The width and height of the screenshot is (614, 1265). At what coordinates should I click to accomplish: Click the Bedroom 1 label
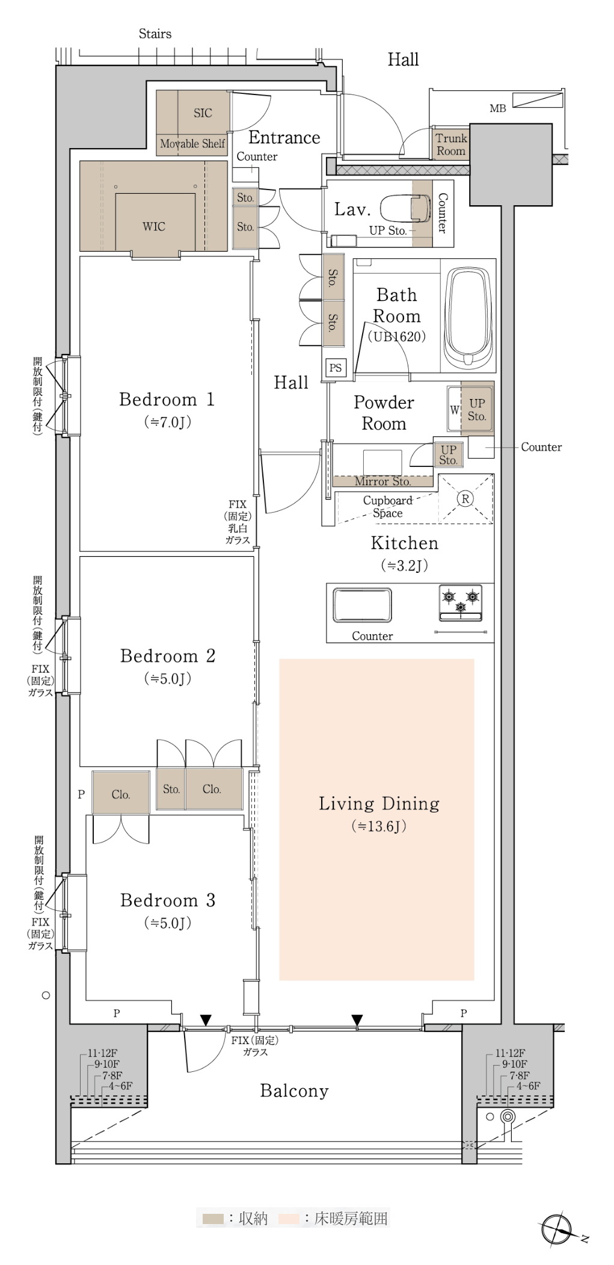[x=167, y=400]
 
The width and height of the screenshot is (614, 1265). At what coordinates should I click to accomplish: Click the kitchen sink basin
[x=362, y=604]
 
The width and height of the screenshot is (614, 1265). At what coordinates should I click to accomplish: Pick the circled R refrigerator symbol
[x=465, y=498]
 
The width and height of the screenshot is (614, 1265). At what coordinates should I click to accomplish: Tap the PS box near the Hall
[x=336, y=368]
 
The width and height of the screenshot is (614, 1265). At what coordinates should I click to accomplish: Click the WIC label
[x=154, y=226]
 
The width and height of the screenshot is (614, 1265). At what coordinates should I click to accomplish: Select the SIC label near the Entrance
[x=203, y=113]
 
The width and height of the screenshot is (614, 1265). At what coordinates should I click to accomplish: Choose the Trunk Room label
[x=451, y=144]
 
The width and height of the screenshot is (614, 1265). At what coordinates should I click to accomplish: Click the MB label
[x=498, y=108]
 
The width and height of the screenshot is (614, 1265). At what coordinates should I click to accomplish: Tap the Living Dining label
[x=379, y=803]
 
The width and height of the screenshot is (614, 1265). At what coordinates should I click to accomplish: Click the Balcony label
[x=294, y=1091]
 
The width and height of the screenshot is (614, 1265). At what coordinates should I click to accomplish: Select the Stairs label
[x=155, y=34]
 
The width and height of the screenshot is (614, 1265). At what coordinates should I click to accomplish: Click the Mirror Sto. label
[x=382, y=481]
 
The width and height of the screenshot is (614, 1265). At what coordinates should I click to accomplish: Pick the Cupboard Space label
[x=388, y=507]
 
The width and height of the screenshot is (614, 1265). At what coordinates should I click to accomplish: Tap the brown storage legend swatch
[x=213, y=1219]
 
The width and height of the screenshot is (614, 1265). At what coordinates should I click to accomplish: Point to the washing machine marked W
[x=454, y=410]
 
